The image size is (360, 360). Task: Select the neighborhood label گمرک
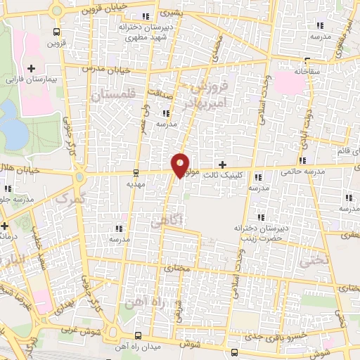coord(68,200)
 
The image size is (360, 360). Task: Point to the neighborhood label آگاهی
coord(167,221)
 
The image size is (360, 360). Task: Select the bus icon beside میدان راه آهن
coord(137,336)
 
